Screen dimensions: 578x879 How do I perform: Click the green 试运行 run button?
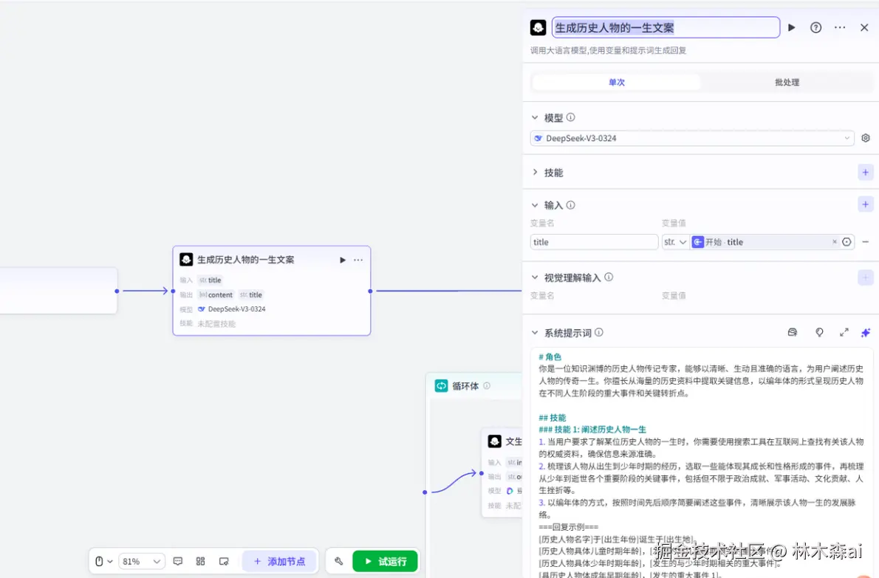[x=385, y=561]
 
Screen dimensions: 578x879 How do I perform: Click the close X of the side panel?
[x=864, y=27]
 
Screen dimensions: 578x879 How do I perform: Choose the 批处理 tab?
[x=787, y=82]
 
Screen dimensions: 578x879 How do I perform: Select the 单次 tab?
[x=617, y=82]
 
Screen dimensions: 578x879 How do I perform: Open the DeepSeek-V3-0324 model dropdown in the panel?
[x=692, y=138]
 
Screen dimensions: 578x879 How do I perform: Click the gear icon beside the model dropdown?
[x=866, y=138]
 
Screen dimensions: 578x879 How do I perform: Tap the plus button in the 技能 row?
[x=866, y=172]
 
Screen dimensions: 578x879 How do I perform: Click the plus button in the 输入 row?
[x=866, y=204]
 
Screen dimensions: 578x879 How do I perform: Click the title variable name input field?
[x=594, y=242]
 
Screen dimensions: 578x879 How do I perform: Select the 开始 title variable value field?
[x=761, y=242]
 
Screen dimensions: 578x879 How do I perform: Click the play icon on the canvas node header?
[x=343, y=260]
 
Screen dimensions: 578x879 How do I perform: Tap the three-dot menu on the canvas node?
[x=358, y=260]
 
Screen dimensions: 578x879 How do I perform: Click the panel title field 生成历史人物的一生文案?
[x=666, y=27]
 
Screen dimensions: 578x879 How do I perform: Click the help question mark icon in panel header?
[x=816, y=27]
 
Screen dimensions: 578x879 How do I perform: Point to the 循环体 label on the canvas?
[x=465, y=385]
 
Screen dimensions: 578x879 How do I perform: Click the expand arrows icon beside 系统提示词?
[x=844, y=332]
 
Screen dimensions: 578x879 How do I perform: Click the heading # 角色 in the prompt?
[x=550, y=357]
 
